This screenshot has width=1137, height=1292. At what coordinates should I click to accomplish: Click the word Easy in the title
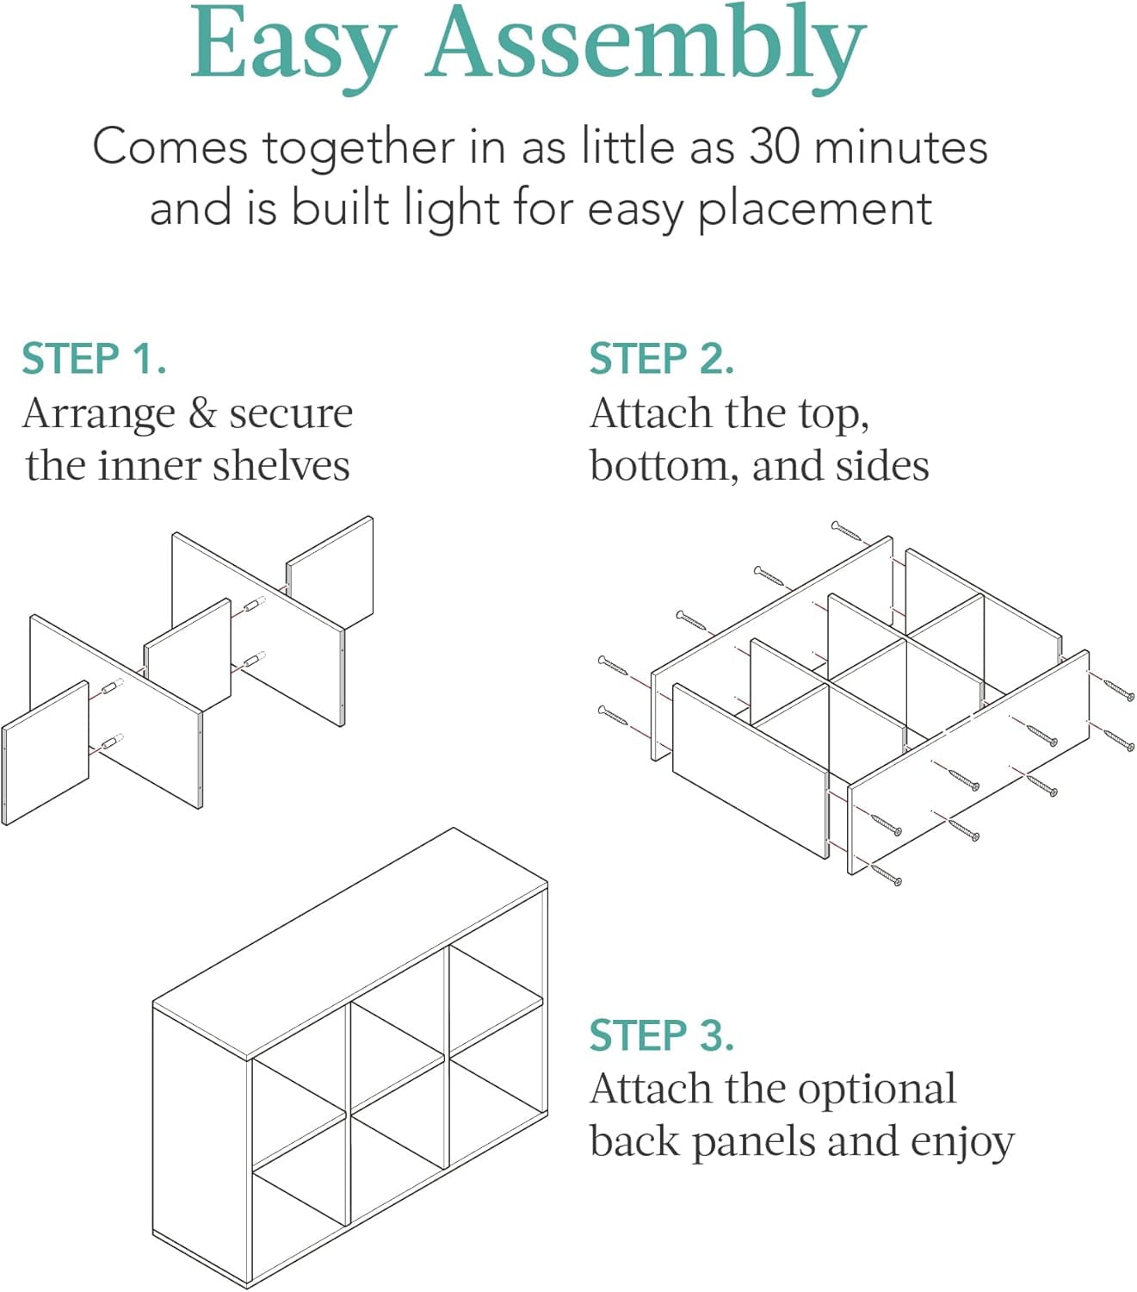pyautogui.click(x=294, y=49)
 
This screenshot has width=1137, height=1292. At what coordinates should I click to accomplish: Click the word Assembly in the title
pyautogui.click(x=646, y=49)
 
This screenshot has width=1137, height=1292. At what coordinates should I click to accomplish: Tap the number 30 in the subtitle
pyautogui.click(x=775, y=146)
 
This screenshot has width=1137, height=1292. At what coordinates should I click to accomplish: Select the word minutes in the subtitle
pyautogui.click(x=901, y=146)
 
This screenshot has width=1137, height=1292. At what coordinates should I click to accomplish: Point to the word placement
pyautogui.click(x=815, y=210)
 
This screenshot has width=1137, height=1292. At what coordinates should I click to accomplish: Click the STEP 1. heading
pyautogui.click(x=94, y=358)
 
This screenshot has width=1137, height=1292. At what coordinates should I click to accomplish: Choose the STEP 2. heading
pyautogui.click(x=662, y=358)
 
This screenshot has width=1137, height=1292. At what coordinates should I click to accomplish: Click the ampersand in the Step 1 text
pyautogui.click(x=202, y=413)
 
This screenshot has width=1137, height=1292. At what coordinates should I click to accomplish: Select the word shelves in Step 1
pyautogui.click(x=281, y=465)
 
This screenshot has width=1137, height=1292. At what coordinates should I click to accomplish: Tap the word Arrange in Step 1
pyautogui.click(x=98, y=414)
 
